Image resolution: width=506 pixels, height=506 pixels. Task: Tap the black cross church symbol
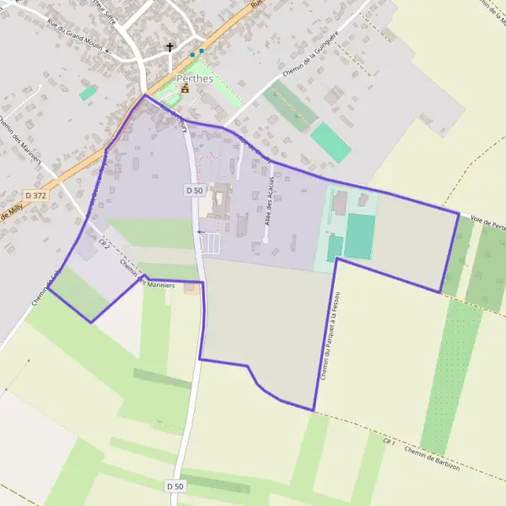170,47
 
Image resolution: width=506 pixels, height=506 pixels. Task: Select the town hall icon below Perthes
185,89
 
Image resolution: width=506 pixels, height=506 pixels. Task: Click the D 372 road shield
35,195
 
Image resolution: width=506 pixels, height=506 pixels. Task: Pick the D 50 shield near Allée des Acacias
194,191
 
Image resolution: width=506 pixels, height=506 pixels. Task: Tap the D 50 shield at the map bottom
175,487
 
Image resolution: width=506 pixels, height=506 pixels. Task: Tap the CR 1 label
389,441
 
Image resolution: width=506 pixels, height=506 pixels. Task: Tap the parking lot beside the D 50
213,243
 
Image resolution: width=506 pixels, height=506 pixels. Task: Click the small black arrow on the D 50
200,231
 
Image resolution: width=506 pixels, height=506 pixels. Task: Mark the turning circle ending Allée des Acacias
265,241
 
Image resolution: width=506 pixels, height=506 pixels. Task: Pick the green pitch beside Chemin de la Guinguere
331,143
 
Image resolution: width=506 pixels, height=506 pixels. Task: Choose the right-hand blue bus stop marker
201,51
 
